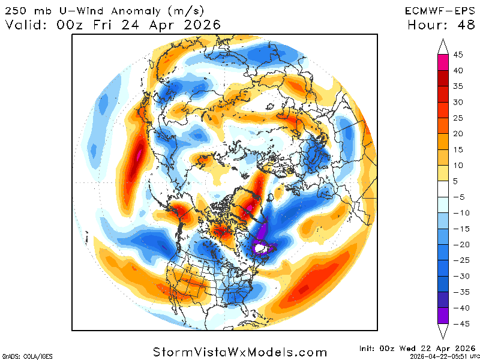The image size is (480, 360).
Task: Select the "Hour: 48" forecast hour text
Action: point(439,25)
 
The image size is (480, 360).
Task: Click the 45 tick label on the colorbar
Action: point(458,55)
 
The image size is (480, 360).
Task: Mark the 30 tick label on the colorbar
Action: point(458,102)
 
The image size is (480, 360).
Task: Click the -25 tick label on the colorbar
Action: point(460,260)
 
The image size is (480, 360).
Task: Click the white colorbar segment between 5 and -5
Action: point(443,188)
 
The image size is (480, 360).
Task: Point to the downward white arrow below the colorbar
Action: point(443,332)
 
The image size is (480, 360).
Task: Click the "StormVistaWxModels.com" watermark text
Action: point(240,352)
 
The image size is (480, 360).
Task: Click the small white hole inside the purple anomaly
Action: point(260,247)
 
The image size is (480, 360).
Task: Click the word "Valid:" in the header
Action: point(28,25)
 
